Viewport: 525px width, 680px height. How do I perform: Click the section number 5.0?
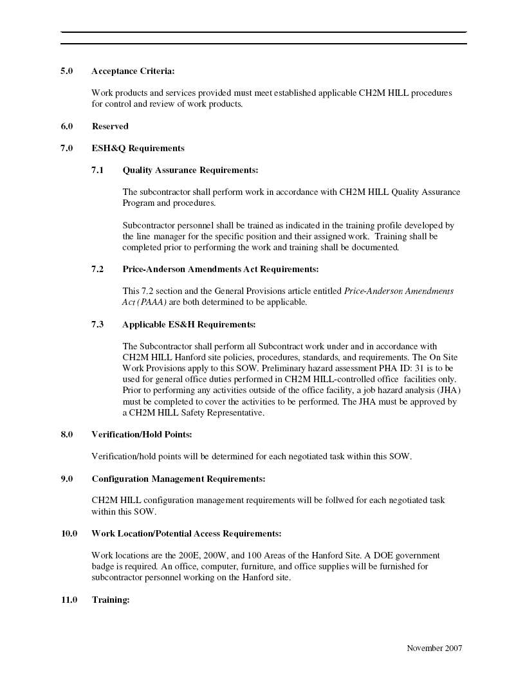(66, 71)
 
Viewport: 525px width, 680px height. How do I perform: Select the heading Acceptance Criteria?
(133, 71)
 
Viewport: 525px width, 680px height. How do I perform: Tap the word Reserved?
(110, 126)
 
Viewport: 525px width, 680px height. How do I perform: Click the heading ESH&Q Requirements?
(138, 148)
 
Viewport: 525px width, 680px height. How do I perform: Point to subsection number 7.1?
(97, 170)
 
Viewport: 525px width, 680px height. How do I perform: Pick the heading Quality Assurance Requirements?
(190, 170)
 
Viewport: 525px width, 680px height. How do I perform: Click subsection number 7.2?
(97, 269)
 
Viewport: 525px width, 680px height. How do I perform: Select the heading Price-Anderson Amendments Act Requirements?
(220, 269)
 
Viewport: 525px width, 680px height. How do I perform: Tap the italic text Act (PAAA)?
(145, 302)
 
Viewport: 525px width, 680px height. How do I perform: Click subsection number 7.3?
(97, 324)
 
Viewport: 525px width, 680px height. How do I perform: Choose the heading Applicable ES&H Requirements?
(189, 324)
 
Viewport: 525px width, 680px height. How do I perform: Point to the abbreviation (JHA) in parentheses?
(448, 391)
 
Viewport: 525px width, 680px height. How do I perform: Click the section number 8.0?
(66, 435)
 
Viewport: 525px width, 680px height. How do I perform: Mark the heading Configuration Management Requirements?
(178, 479)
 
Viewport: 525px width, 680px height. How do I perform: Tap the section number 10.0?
(69, 533)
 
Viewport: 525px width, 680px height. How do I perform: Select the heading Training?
(111, 600)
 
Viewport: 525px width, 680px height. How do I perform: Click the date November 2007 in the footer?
(434, 648)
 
